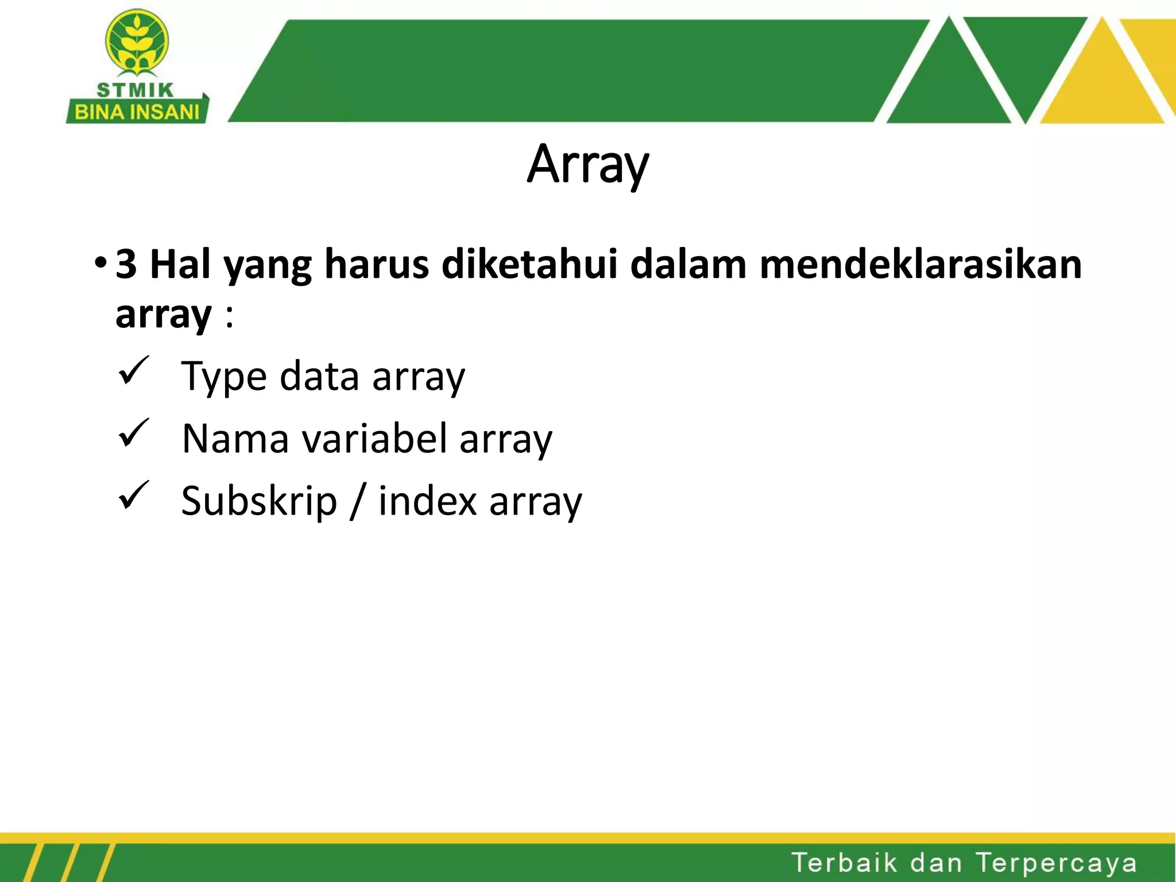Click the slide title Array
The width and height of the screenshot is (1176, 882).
tap(587, 165)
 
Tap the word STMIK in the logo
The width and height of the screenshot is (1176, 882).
tap(135, 90)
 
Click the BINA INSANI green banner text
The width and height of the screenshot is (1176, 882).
tap(137, 112)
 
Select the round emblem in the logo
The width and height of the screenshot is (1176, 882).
tap(137, 41)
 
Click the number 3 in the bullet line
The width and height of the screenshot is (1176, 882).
tap(126, 265)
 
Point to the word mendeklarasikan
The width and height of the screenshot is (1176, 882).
tap(920, 265)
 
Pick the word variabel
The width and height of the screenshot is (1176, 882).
tap(374, 439)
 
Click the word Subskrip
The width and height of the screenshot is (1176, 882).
tap(259, 502)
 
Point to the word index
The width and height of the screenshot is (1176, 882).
tap(427, 501)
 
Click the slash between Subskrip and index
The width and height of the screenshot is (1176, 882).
tap(358, 502)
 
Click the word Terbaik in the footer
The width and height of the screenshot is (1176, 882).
tap(844, 862)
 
